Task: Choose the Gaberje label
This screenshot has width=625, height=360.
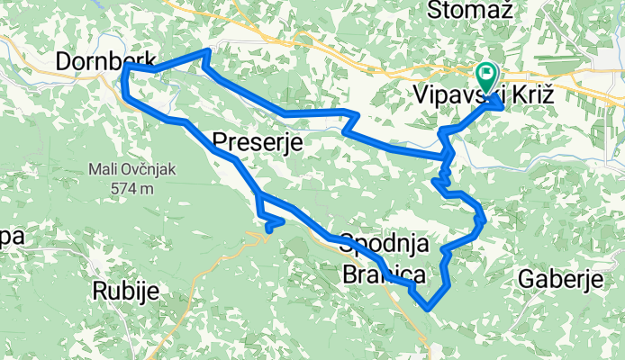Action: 560,280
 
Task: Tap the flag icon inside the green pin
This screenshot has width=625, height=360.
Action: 487,72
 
